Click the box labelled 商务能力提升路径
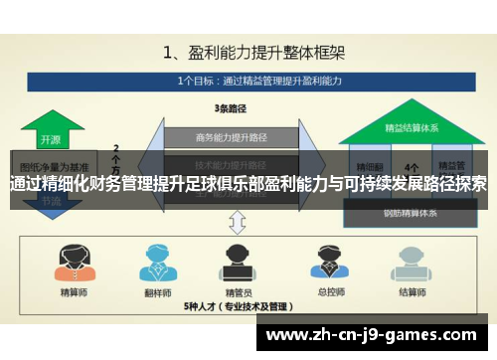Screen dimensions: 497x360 click(230, 137)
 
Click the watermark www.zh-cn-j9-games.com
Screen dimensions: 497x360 click(376, 334)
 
